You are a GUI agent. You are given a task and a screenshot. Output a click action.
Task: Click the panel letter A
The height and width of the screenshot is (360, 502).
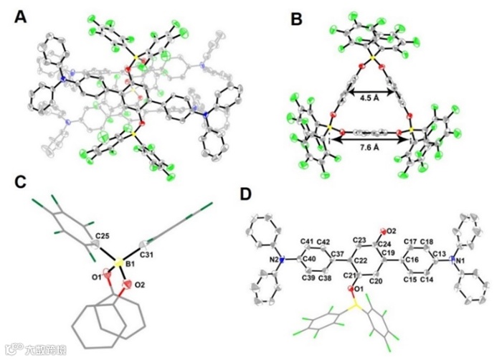pyautogui.click(x=22, y=16)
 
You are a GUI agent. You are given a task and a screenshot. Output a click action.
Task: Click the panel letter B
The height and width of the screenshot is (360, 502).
pyautogui.click(x=297, y=19)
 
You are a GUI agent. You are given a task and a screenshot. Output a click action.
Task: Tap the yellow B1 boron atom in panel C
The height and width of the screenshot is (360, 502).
pyautogui.click(x=118, y=262)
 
